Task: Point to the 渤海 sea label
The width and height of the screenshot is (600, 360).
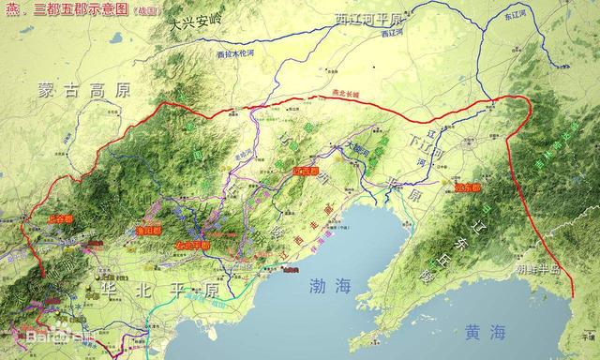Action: click(333, 288)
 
